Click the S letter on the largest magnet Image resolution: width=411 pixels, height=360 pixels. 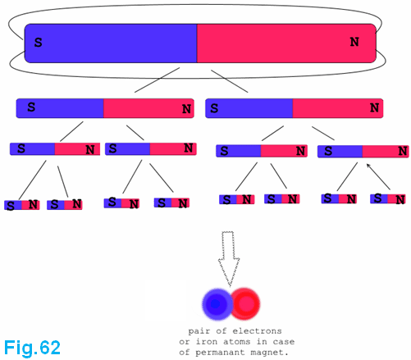[38, 43]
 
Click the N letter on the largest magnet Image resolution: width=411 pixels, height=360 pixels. [354, 42]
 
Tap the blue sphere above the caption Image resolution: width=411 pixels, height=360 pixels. [217, 304]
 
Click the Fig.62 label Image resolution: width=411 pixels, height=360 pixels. [32, 348]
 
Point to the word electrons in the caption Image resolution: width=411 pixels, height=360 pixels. [257, 331]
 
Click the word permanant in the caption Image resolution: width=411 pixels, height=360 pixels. [220, 353]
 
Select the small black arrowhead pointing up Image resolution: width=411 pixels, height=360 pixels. [368, 166]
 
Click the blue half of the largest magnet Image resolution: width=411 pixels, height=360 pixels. [111, 43]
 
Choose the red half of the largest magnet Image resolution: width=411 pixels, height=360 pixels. [286, 43]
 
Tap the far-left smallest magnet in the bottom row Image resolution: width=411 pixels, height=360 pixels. [22, 205]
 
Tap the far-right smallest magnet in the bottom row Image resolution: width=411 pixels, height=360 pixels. [388, 199]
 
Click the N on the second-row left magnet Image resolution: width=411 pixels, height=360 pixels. [186, 109]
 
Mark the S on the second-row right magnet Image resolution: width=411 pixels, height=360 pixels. [214, 108]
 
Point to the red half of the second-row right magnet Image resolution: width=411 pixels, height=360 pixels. [338, 108]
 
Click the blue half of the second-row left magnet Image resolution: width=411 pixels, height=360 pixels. [60, 108]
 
